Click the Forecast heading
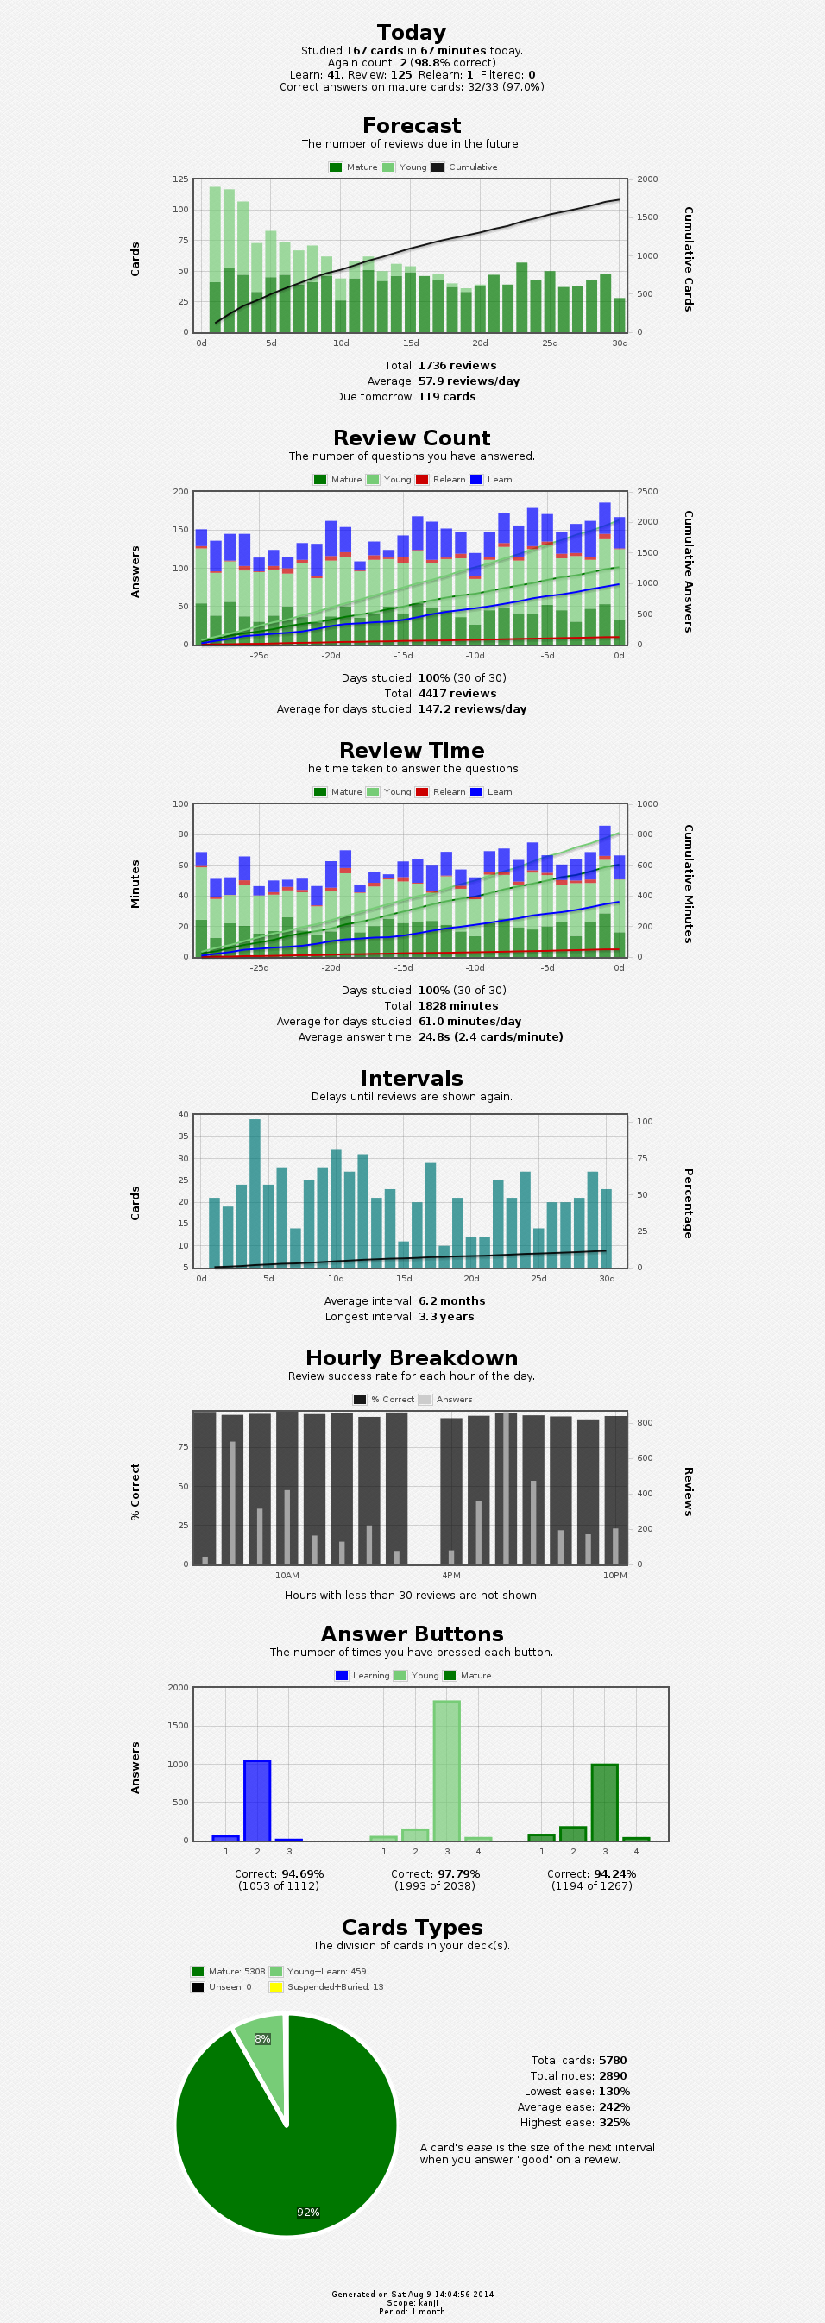click(x=411, y=126)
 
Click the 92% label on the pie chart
click(x=308, y=2212)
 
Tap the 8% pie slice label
click(x=262, y=2039)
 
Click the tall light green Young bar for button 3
click(x=446, y=1770)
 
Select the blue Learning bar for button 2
click(x=257, y=1800)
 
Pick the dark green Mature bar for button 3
click(x=604, y=1802)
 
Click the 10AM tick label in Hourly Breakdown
click(x=287, y=1575)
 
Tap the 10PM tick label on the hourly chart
click(x=615, y=1575)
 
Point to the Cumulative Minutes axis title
click(x=688, y=884)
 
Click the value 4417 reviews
click(x=457, y=694)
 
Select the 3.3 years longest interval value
click(x=445, y=1317)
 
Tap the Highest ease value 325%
click(x=613, y=2122)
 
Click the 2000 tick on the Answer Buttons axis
click(x=179, y=1687)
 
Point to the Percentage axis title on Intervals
click(x=688, y=1203)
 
